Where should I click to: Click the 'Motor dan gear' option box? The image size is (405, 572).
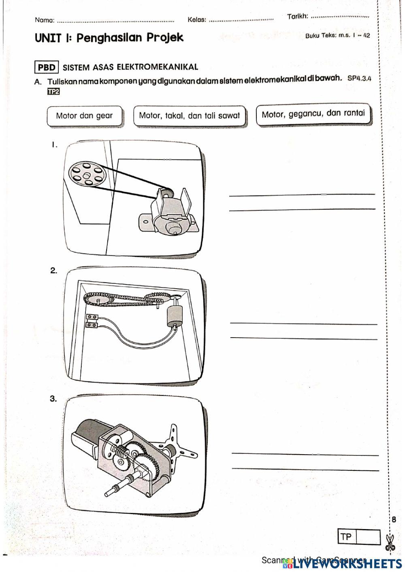point(84,116)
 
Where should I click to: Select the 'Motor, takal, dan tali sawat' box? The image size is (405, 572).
point(190,116)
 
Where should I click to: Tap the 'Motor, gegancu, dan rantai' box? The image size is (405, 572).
point(313,114)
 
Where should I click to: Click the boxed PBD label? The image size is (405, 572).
point(47,67)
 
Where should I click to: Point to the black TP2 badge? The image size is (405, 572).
point(53,92)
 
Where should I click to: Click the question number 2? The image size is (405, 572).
point(53,271)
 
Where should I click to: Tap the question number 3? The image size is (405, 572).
point(53,399)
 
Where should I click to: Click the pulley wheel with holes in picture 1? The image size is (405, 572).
point(86,174)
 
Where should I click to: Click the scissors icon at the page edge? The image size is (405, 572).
point(390,542)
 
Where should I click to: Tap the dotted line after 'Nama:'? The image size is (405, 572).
point(115,20)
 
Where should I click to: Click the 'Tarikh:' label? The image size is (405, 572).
point(298,17)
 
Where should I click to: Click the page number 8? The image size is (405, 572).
point(394,520)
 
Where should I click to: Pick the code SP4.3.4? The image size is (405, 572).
point(359,79)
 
